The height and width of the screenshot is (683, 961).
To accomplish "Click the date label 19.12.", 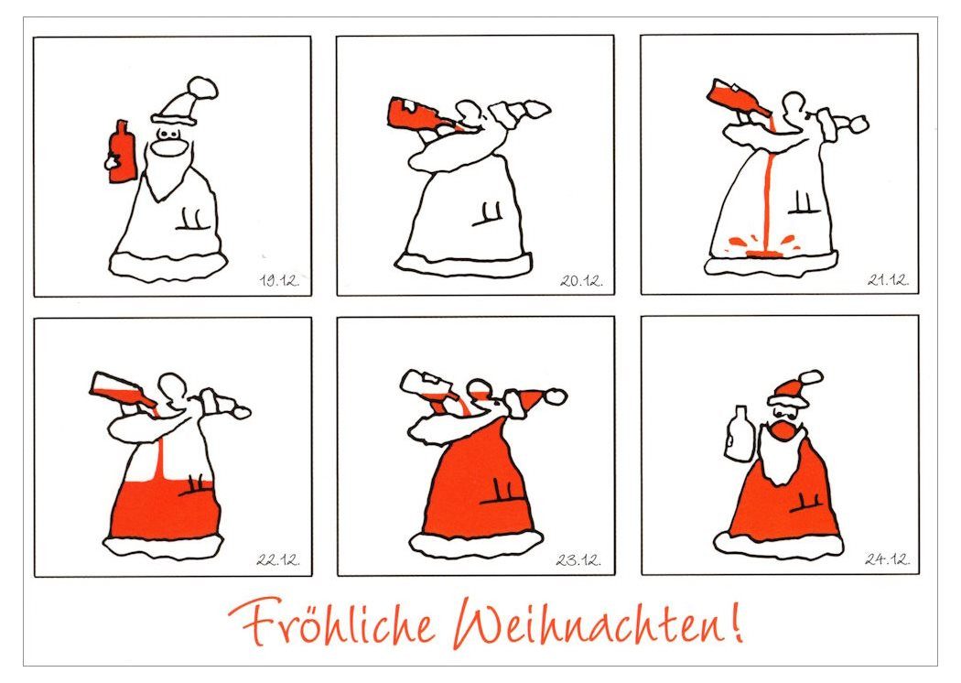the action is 279,281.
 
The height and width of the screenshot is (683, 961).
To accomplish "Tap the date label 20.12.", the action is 581,281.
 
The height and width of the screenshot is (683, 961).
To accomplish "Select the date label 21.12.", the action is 888,280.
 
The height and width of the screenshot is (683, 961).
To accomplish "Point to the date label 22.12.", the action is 279,559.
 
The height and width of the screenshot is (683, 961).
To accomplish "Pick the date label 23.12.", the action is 578,559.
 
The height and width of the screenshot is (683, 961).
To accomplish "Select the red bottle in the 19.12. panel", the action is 121,151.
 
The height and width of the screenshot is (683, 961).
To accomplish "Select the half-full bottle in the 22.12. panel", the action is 124,389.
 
